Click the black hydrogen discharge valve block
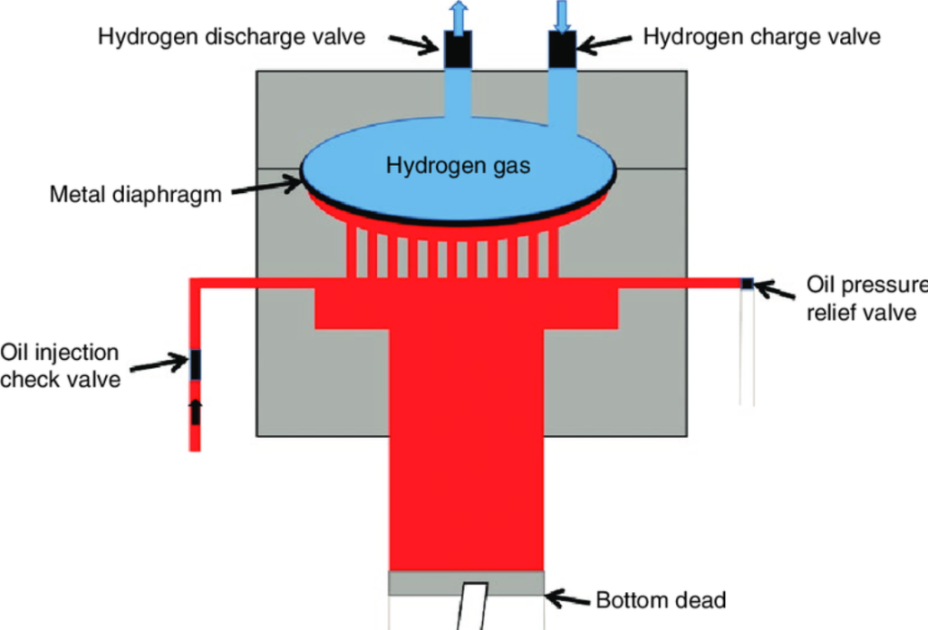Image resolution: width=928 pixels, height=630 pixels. coord(457,49)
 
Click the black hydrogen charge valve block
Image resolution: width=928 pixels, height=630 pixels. coord(562,49)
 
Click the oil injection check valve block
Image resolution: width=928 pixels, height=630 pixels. coord(195,364)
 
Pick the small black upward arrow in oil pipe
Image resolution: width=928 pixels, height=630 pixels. coord(195,412)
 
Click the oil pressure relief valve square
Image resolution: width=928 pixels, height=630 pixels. coord(747,284)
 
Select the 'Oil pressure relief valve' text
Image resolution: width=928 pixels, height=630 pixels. coord(865,299)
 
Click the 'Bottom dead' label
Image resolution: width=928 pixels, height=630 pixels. coord(661,599)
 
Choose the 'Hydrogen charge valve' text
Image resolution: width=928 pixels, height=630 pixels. coord(761,37)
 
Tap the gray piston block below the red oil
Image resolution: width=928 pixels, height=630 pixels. coord(466,583)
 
